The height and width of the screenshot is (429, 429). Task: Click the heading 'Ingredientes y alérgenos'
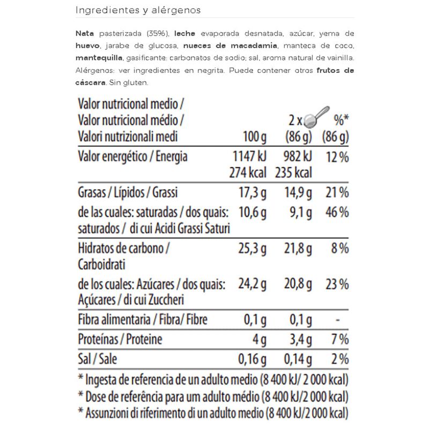[138, 10]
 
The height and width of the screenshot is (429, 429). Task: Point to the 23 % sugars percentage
[338, 284]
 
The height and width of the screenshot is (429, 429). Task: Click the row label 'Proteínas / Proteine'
[120, 339]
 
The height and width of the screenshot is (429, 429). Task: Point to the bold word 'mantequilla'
[99, 58]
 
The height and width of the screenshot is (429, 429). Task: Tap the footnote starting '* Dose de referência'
[213, 397]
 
